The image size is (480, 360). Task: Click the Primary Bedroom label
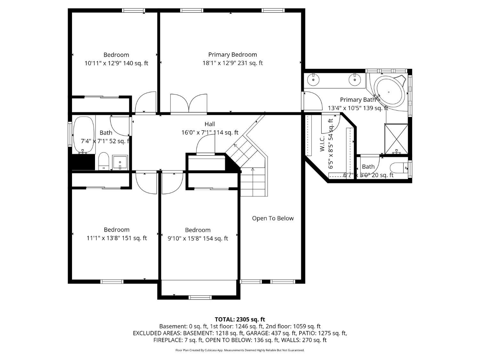pyautogui.click(x=232, y=55)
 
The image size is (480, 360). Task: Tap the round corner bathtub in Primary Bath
pyautogui.click(x=389, y=92)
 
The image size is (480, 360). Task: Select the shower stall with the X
pyautogui.click(x=396, y=139)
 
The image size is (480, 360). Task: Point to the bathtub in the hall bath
pyautogui.click(x=84, y=134)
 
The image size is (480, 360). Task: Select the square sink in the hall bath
pyautogui.click(x=120, y=163)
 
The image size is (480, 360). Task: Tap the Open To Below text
pyautogui.click(x=273, y=218)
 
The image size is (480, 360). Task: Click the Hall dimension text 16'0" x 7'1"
pyautogui.click(x=210, y=132)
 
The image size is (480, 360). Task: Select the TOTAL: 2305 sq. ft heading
pyautogui.click(x=240, y=319)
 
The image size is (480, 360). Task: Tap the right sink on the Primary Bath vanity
pyautogui.click(x=355, y=79)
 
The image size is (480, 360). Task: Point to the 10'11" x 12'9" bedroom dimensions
pyautogui.click(x=116, y=63)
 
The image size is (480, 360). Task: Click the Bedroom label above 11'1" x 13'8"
pyautogui.click(x=116, y=230)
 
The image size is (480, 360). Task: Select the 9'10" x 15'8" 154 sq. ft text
pyautogui.click(x=198, y=238)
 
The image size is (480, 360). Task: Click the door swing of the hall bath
pyautogui.click(x=119, y=125)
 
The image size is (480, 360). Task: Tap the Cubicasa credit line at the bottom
pyautogui.click(x=240, y=350)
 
